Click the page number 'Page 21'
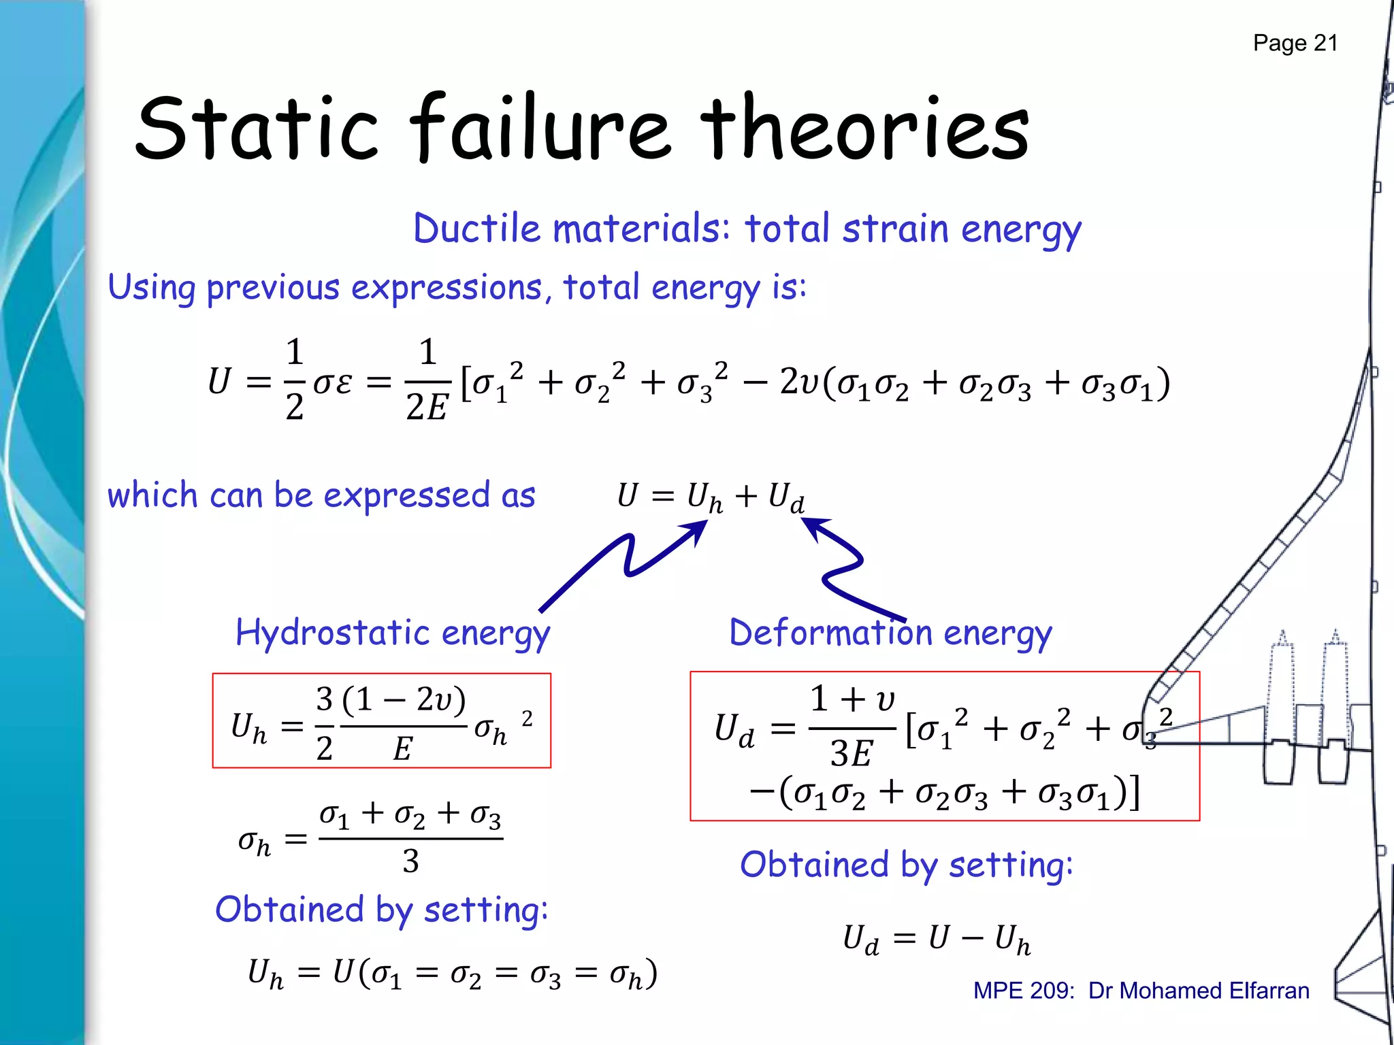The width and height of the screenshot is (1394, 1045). point(1295,44)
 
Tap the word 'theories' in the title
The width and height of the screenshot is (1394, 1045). point(864,129)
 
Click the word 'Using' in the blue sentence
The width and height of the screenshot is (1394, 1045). point(151,288)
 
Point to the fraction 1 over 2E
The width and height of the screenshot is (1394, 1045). point(427,380)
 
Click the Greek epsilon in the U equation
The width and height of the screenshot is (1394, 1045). point(344,382)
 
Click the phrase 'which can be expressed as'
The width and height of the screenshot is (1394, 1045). point(321,495)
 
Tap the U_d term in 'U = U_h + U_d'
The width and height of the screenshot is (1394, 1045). point(785,497)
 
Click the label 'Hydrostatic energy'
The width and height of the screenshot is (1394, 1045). point(393,633)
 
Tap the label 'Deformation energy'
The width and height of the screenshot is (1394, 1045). point(890,633)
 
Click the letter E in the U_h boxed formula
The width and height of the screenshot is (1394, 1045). point(402,750)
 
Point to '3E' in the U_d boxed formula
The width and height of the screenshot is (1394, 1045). point(851,754)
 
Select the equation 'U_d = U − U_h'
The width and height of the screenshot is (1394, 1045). point(937,940)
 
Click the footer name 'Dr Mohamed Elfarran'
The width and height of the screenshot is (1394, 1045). point(1198,991)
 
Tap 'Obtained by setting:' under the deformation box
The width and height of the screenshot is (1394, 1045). point(906,865)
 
